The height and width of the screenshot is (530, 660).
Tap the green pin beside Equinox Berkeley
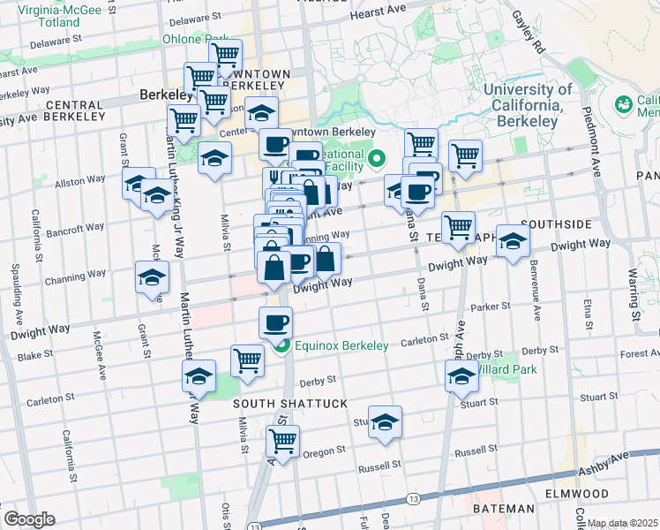tap(281, 345)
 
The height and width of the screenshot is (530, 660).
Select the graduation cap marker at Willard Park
tap(461, 375)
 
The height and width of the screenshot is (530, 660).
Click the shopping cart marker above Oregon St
tap(282, 441)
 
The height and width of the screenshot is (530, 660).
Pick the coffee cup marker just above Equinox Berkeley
tap(276, 322)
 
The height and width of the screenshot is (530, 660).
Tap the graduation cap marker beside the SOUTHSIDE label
tap(513, 241)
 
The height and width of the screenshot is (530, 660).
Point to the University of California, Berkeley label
tap(528, 104)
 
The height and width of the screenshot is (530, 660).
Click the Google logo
tap(29, 519)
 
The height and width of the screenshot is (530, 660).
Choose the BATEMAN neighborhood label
tap(503, 509)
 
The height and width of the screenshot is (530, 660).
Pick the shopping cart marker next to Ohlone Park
tap(227, 55)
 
